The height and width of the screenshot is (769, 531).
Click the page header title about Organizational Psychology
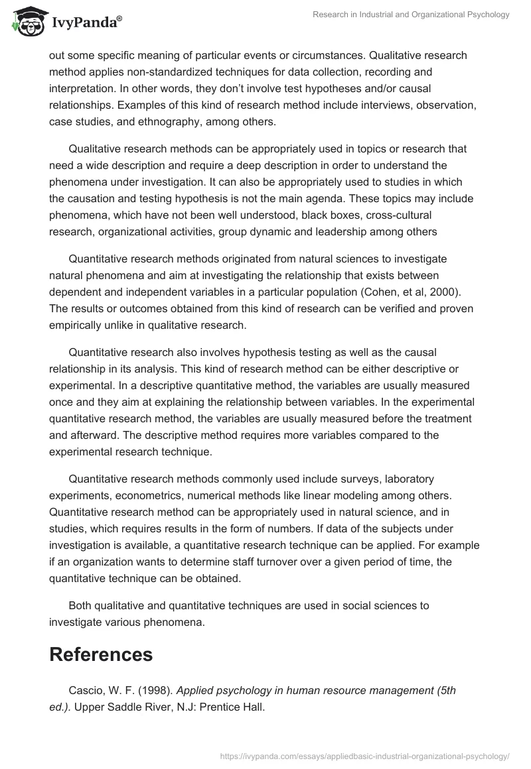412,15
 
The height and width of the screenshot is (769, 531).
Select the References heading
101,654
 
